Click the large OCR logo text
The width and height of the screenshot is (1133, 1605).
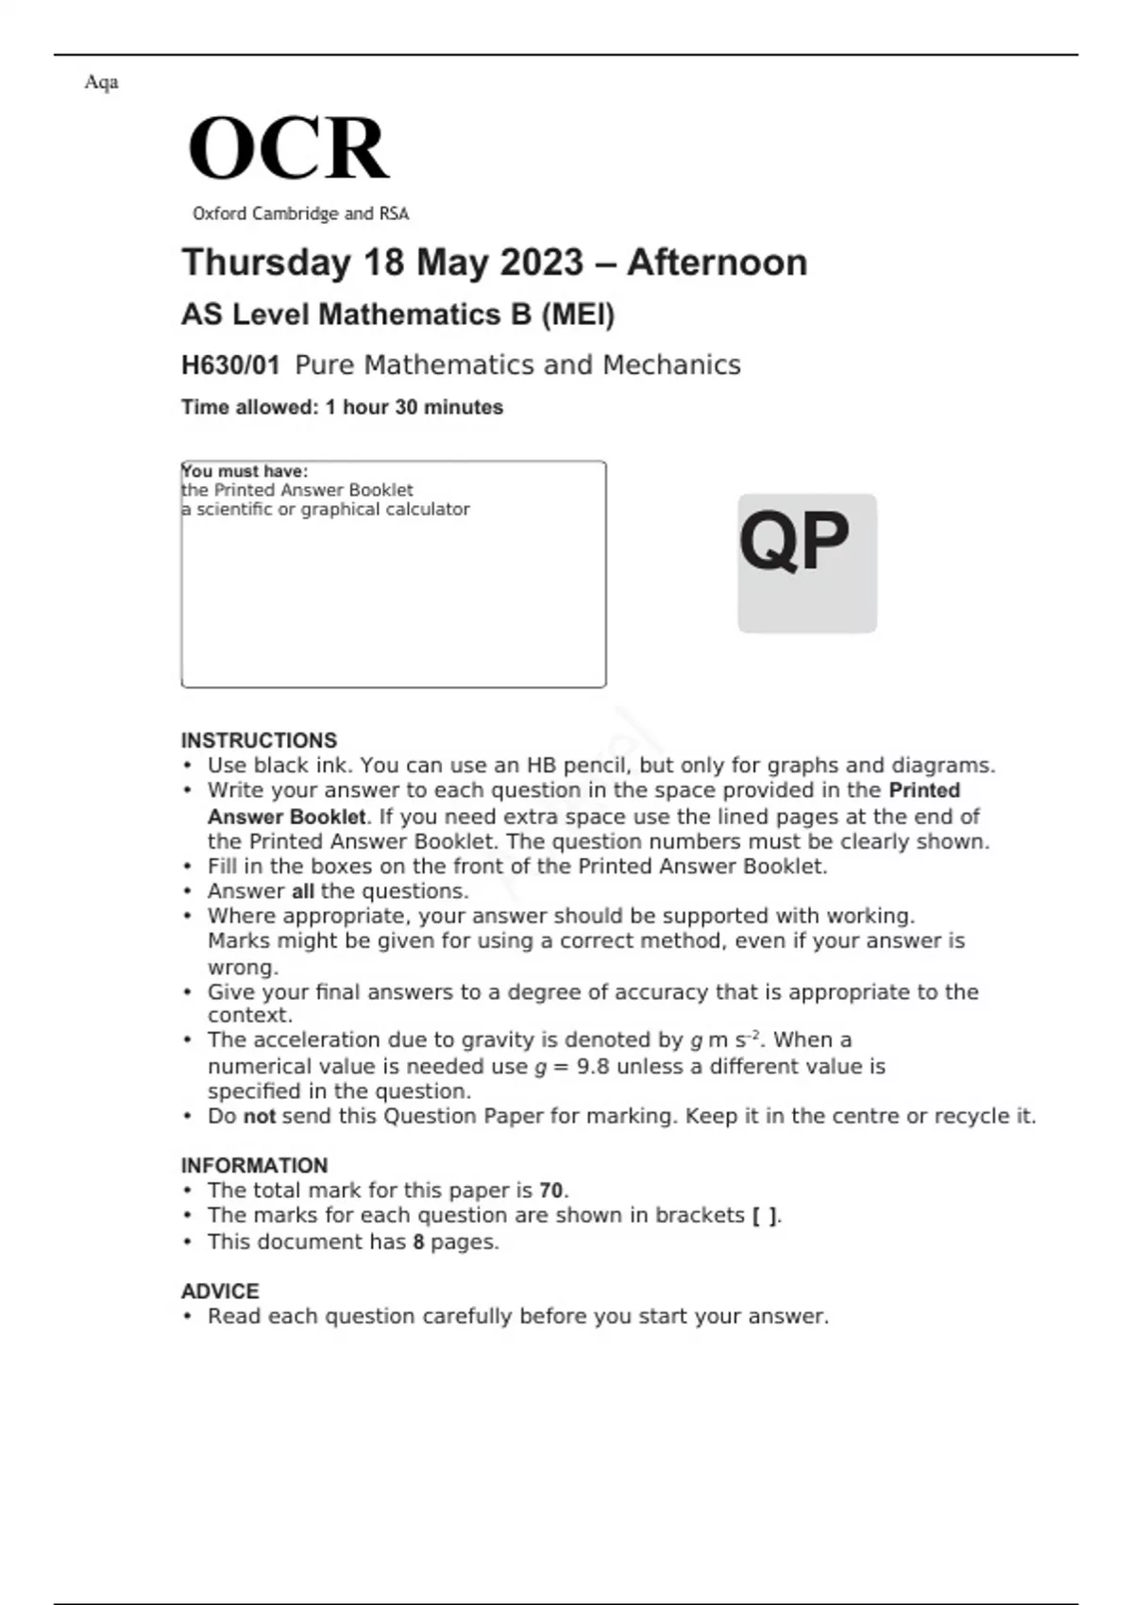point(288,148)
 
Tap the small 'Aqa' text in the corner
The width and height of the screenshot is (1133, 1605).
point(101,82)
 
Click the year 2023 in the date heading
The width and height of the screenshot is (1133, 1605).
point(541,262)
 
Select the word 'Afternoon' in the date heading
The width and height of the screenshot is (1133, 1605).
point(717,262)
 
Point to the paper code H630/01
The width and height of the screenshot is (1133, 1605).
point(230,365)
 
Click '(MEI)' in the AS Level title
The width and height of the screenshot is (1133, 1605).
point(577,314)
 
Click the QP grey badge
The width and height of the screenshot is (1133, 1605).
point(806,563)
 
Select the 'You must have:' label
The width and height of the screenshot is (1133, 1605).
point(245,471)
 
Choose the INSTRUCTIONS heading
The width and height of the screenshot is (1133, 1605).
point(259,740)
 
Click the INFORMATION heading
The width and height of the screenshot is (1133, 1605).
point(254,1165)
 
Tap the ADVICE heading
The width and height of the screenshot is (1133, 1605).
point(220,1291)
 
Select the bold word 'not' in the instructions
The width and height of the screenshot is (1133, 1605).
point(260,1116)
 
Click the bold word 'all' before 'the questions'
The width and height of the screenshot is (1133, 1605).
point(302,891)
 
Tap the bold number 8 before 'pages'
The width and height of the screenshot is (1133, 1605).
point(418,1242)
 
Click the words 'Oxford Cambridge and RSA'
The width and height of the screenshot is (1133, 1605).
point(300,214)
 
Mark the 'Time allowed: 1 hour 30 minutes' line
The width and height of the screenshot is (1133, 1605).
point(342,408)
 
